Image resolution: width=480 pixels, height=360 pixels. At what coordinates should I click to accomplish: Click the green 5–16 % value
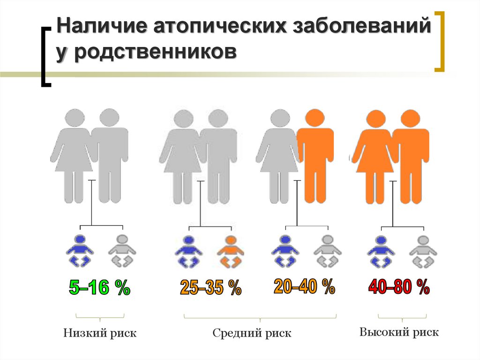[x=99, y=288]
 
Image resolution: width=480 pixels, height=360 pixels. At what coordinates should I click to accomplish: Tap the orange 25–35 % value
[x=210, y=288]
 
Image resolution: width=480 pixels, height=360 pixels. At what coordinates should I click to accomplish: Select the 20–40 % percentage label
[x=304, y=286]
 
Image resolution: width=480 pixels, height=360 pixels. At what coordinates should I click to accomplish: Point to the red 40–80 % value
[x=399, y=287]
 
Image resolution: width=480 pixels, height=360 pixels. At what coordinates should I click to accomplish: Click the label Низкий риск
[x=100, y=334]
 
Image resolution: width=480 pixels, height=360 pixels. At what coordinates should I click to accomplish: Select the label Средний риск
[x=252, y=334]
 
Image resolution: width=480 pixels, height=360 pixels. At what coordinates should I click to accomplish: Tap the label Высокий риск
[x=399, y=333]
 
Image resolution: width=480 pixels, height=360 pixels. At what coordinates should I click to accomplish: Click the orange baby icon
[x=230, y=252]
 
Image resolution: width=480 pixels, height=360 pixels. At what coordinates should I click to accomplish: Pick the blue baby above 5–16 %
[x=80, y=251]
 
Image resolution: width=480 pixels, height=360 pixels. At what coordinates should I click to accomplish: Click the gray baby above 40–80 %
[x=423, y=252]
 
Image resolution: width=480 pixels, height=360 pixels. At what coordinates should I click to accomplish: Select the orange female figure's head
[x=375, y=119]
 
